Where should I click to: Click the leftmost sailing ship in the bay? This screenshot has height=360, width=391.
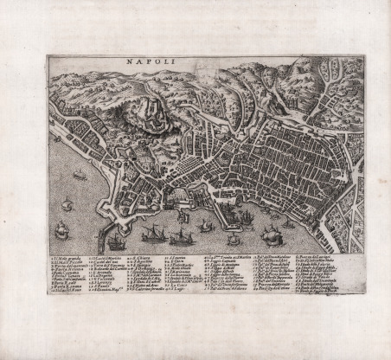coord(66,205)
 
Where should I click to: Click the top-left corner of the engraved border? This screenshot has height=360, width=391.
coord(48,56)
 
